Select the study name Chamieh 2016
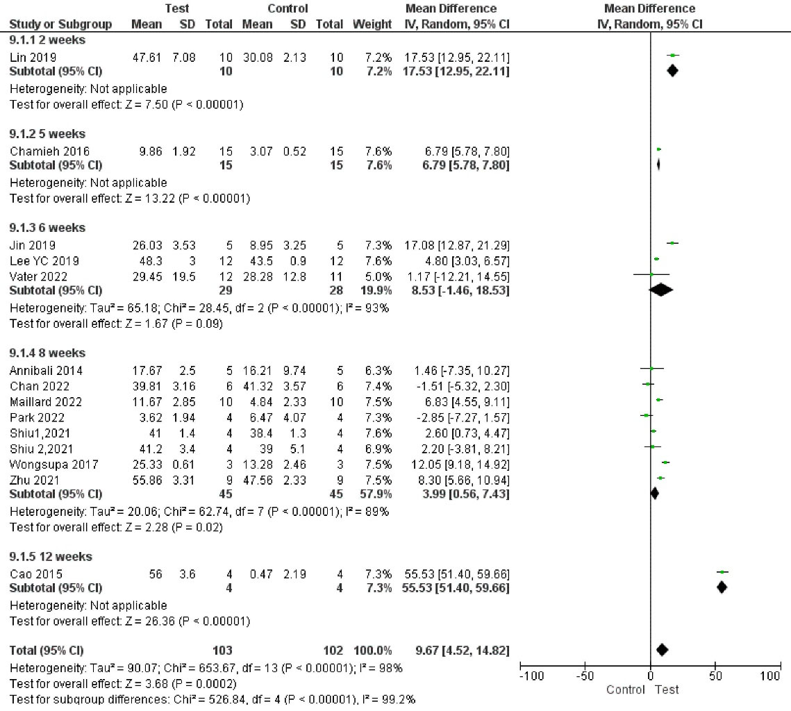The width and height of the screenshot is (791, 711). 49,151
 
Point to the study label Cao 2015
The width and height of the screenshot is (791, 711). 35,574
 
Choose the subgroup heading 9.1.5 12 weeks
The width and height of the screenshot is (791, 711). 50,557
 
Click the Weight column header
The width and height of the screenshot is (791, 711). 372,24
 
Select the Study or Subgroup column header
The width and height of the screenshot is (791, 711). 60,24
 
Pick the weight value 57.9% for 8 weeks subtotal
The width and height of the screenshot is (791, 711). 377,494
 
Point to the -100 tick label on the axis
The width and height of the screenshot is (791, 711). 532,676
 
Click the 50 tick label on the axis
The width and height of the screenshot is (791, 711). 715,676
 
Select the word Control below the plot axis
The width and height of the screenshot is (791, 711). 625,689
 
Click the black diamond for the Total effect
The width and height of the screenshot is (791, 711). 662,650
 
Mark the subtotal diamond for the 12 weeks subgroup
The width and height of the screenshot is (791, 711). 722,587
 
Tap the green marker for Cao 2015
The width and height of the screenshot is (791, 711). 722,572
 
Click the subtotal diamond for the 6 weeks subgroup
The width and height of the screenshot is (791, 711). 660,290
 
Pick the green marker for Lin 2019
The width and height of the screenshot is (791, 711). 672,56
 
